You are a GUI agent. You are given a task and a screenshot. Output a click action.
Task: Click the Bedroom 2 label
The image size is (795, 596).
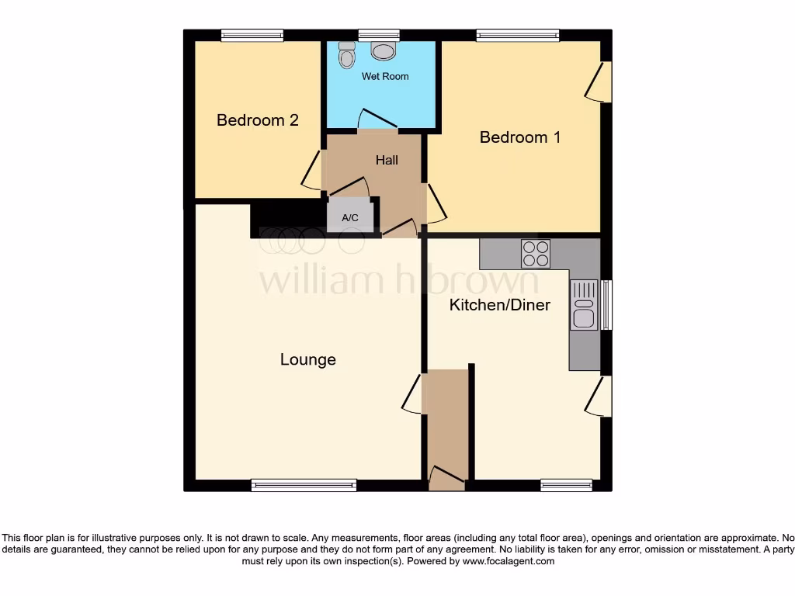click(257, 120)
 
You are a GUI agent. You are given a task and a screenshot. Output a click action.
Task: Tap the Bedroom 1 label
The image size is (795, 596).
click(519, 137)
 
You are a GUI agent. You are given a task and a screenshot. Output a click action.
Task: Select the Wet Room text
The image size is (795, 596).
click(384, 77)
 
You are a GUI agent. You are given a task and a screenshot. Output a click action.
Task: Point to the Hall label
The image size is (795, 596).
click(387, 160)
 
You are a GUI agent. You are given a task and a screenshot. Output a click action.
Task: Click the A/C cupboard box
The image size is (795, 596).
click(350, 217)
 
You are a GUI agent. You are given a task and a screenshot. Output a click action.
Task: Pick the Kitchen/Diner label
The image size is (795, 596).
click(500, 305)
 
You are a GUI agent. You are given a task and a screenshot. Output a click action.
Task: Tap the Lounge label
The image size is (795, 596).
click(307, 359)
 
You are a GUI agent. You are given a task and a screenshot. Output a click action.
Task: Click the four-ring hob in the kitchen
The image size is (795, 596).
click(535, 254)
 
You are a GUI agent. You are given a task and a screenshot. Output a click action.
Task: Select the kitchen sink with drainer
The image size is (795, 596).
click(584, 305)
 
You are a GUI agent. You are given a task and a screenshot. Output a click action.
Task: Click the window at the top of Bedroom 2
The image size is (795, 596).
click(252, 35)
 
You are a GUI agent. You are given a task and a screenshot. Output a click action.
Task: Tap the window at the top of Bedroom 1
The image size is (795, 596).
click(518, 35)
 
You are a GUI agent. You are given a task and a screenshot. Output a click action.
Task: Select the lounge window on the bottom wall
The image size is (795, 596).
click(304, 485)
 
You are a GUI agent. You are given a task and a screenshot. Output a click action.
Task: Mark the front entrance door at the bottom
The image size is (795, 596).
click(446, 477)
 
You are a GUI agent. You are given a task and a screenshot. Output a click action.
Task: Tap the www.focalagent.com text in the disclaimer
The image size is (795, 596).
click(508, 561)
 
